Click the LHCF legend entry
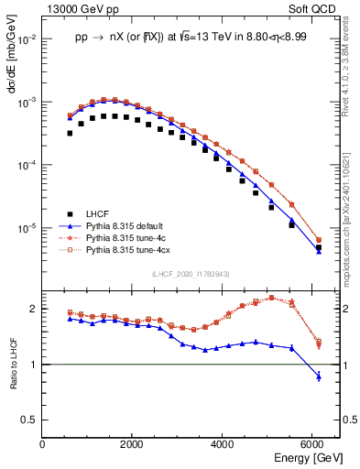pyautogui.click(x=97, y=212)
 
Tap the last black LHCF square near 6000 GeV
pyautogui.click(x=319, y=247)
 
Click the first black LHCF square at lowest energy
pyautogui.click(x=70, y=133)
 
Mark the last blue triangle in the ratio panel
pyautogui.click(x=319, y=376)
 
